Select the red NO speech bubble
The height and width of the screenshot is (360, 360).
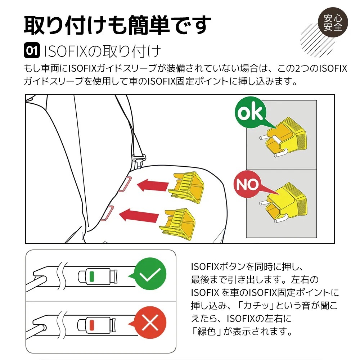[x=248, y=184]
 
